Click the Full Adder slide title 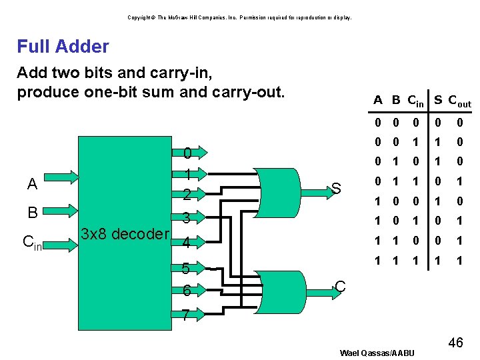tap(63, 47)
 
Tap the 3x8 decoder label tap(125, 234)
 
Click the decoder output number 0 tap(188, 154)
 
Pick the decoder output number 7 tap(188, 314)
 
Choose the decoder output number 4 tap(188, 241)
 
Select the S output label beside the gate tap(337, 189)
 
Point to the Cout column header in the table tap(459, 101)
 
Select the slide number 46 tap(455, 343)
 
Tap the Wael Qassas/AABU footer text tap(377, 353)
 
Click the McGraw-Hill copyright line tap(239, 17)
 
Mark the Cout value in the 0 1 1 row tap(459, 181)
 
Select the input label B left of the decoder tap(32, 213)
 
